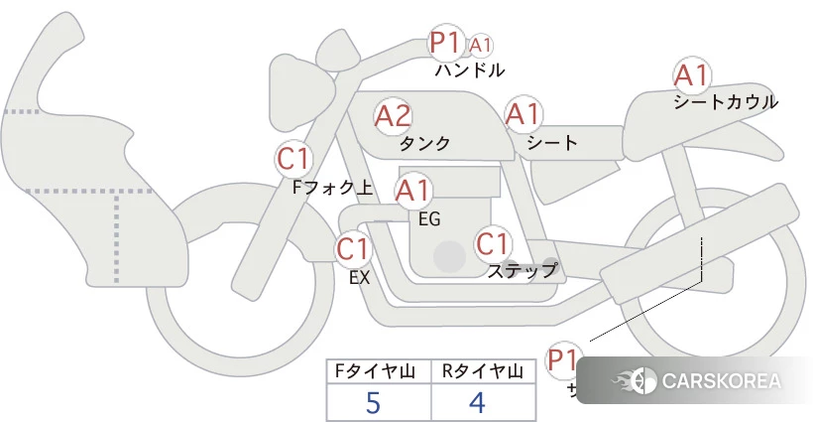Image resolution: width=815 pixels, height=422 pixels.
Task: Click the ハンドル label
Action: tap(470, 70)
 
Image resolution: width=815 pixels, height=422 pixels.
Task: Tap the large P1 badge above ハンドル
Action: tap(445, 44)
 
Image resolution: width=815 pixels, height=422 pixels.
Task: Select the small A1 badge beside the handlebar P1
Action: tap(481, 46)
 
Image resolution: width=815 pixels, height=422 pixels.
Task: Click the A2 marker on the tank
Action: tap(393, 116)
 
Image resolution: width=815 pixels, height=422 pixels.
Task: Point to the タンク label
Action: tap(424, 143)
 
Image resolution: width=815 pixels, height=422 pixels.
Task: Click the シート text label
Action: tap(552, 143)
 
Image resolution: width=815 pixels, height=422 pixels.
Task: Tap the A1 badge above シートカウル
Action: tap(691, 75)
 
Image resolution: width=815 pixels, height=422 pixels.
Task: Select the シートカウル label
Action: tap(725, 101)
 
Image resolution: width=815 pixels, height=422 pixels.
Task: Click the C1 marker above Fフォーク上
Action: tap(294, 158)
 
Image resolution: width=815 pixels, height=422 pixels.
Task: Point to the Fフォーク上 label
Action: tap(333, 185)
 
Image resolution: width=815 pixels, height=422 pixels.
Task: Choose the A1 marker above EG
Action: tap(413, 190)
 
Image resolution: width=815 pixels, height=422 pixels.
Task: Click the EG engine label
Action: tap(429, 217)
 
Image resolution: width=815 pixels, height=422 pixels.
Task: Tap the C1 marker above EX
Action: tap(353, 248)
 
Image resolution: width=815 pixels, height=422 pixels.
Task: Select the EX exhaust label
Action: tap(360, 278)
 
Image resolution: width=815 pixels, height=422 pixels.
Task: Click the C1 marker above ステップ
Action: tap(493, 243)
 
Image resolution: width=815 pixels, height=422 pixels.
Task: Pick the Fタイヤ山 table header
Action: tap(379, 372)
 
